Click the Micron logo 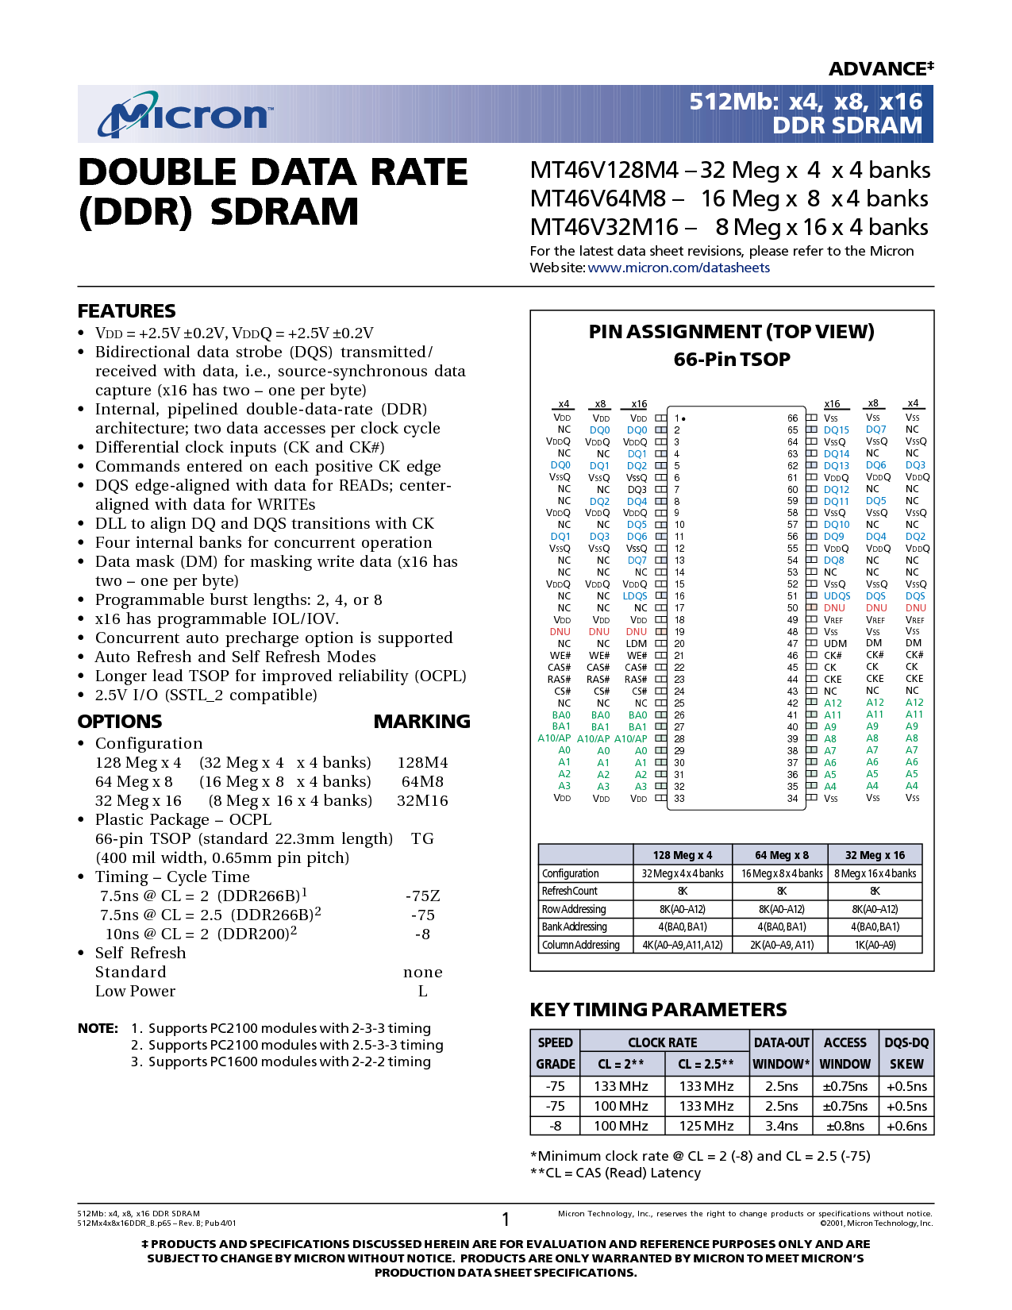(x=185, y=114)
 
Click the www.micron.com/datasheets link (x=679, y=268)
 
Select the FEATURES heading (x=126, y=311)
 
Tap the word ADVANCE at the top (x=878, y=69)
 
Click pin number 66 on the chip (x=792, y=418)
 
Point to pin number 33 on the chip (x=679, y=798)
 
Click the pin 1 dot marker (x=683, y=418)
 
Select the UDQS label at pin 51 (x=837, y=595)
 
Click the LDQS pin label (x=635, y=595)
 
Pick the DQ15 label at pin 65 (x=836, y=430)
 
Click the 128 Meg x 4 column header (x=683, y=855)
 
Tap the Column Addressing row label (x=580, y=945)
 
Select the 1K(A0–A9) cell (x=875, y=945)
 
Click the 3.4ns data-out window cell (x=781, y=1126)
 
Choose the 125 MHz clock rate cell (x=706, y=1126)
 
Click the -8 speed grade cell (x=555, y=1126)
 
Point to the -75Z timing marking (x=422, y=896)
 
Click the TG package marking (x=422, y=838)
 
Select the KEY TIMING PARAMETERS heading (x=658, y=1009)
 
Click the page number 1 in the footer (x=506, y=1219)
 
